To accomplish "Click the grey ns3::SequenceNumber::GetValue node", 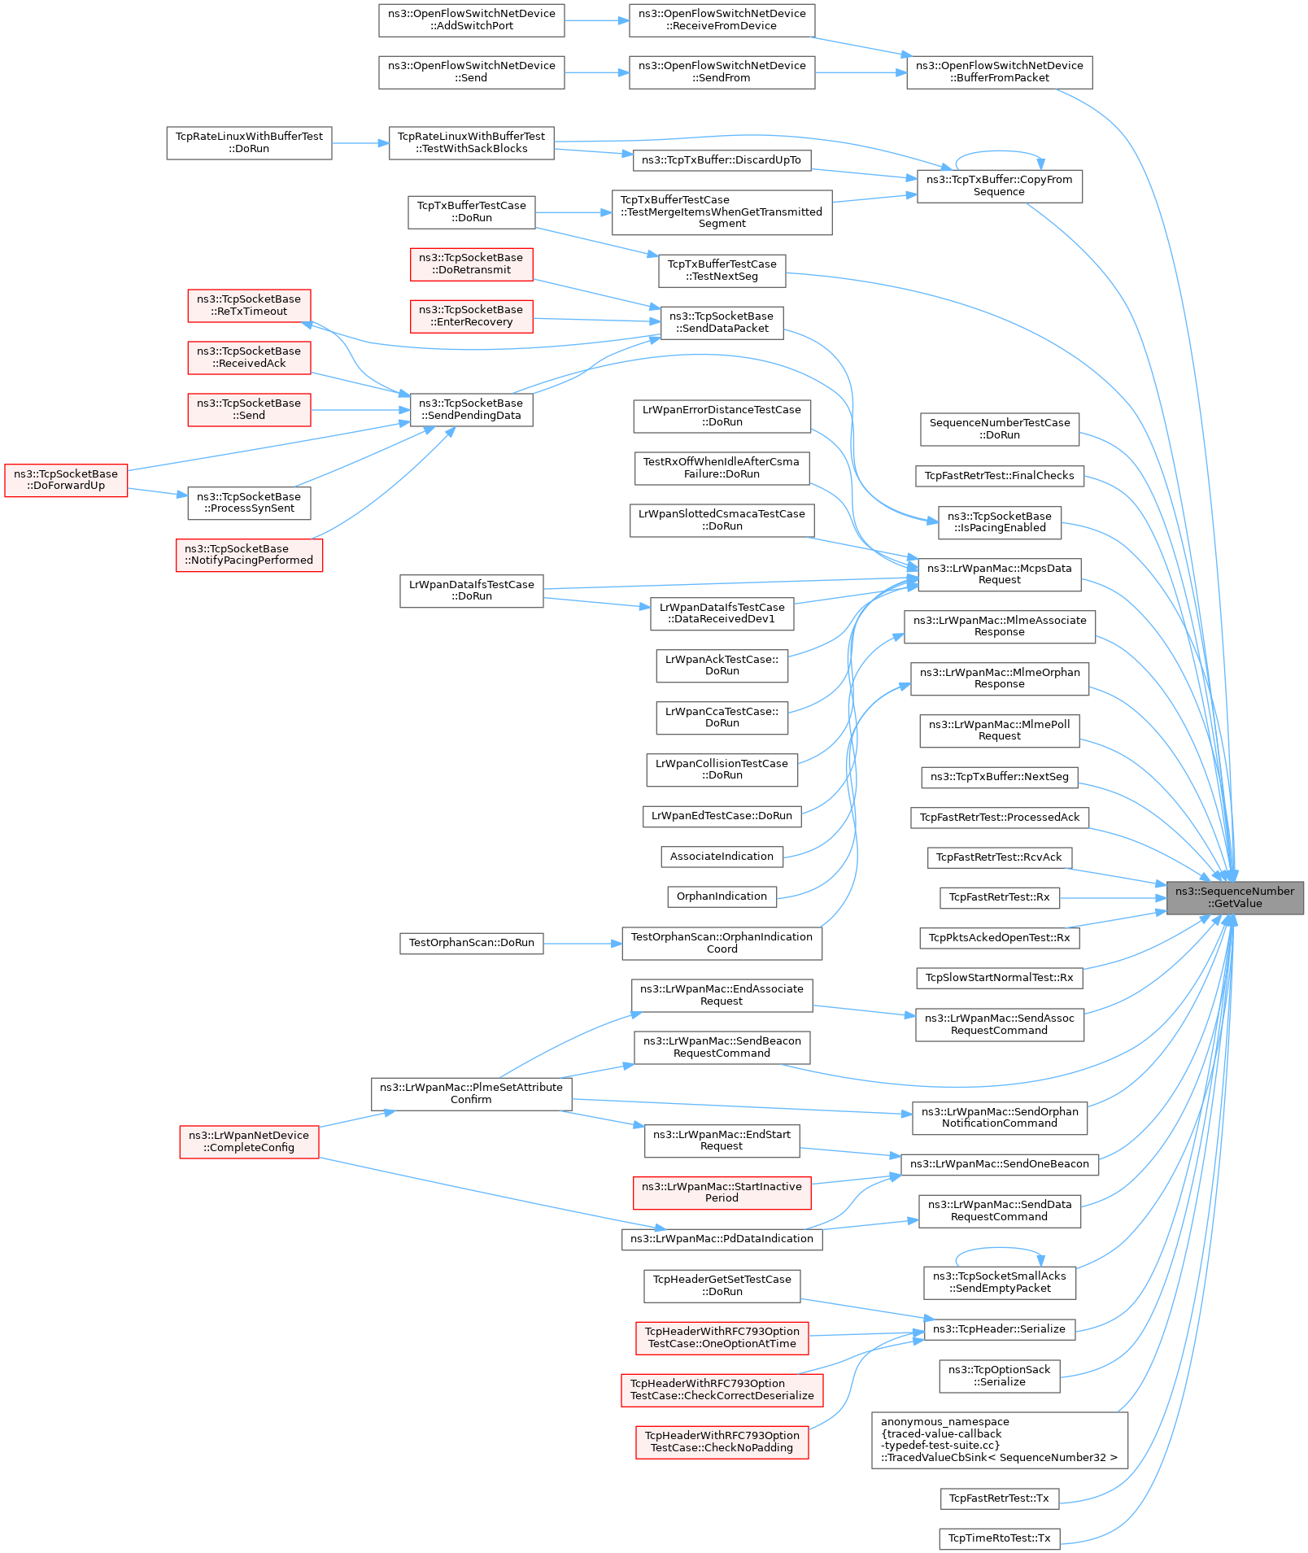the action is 1235,897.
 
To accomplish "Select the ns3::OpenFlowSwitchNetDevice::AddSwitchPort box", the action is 472,20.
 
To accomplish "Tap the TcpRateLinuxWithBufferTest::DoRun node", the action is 249,143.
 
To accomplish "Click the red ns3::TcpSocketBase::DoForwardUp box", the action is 66,480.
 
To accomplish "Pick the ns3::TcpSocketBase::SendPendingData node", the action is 472,409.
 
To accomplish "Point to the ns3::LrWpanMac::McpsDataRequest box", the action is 999,574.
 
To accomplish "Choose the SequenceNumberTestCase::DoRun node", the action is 1000,429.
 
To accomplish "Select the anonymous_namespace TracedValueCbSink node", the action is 1000,1440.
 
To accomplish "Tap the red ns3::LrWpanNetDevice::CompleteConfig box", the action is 249,1141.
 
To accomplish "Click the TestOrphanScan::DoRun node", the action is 472,943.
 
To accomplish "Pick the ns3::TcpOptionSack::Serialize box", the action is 1000,1376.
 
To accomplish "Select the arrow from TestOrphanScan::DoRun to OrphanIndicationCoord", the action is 582,944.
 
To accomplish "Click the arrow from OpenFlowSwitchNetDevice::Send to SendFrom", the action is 596,73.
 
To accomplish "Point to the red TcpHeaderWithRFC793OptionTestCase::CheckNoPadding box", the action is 722,1442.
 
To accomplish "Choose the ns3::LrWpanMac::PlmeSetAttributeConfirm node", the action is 472,1093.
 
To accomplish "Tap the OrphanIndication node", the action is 722,896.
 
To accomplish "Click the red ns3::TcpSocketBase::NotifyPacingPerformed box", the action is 249,555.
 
